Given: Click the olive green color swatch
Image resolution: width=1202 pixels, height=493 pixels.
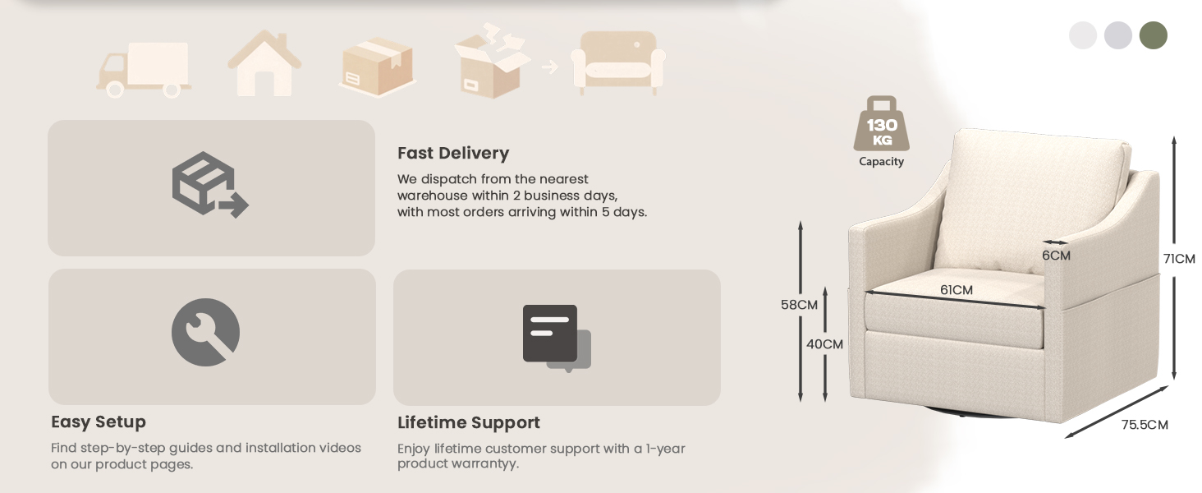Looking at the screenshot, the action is (x=1154, y=35).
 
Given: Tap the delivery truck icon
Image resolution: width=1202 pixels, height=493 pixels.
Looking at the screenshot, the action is (x=144, y=70).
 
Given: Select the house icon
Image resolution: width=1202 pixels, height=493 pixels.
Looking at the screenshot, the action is (x=264, y=63).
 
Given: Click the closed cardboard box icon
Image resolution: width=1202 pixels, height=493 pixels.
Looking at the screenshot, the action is (x=377, y=67).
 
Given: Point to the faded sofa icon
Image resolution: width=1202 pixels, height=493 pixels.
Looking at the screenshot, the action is (x=618, y=62).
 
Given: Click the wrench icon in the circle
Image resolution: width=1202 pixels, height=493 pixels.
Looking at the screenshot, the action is (x=205, y=333).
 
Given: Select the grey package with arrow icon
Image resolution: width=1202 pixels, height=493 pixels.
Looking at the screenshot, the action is (x=210, y=184).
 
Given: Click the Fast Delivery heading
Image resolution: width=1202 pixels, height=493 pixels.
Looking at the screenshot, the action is (x=453, y=153).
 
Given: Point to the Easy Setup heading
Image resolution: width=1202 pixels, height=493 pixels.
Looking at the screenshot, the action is (x=99, y=422).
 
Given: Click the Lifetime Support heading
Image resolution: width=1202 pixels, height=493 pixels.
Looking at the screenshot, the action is (x=469, y=422).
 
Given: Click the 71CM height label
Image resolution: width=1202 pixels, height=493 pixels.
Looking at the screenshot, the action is (x=1179, y=259).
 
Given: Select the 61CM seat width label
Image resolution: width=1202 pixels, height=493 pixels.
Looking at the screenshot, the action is (x=957, y=290).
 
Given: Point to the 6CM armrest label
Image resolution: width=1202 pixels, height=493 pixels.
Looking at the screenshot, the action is (x=1056, y=256).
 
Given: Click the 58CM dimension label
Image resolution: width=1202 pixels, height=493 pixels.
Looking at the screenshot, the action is (x=799, y=305).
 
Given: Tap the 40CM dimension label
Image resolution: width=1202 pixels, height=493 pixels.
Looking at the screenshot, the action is (x=824, y=344).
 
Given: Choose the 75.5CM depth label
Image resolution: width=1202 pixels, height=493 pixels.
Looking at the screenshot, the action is (x=1145, y=425).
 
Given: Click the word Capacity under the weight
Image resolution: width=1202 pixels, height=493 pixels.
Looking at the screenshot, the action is (x=881, y=162).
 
